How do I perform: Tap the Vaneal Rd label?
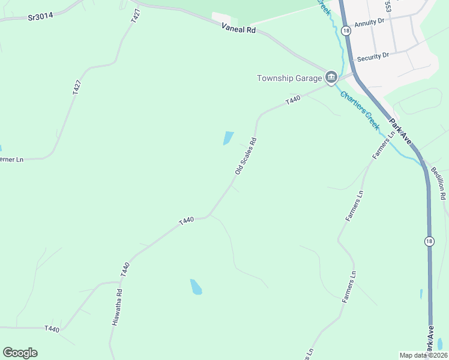point(238,28)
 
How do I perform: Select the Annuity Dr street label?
point(369,23)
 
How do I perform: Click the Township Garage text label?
point(289,78)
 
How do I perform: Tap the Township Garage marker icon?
point(331,77)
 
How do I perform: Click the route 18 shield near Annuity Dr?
point(346,30)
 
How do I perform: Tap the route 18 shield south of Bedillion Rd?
point(428,241)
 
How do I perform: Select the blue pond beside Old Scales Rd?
point(229,138)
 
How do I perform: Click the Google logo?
point(20,353)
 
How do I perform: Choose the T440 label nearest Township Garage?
point(293,100)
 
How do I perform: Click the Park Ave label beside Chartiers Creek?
point(399,131)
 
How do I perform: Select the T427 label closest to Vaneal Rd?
point(134,17)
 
